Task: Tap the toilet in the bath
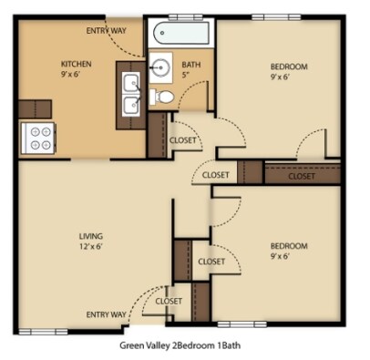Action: click(x=165, y=96)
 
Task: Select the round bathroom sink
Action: click(x=163, y=66)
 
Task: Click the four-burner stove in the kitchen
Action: click(x=39, y=136)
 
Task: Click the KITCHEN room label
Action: click(x=77, y=63)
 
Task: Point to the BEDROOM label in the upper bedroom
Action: click(x=289, y=67)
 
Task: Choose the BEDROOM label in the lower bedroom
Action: click(x=289, y=245)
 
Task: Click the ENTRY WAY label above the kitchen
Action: click(x=107, y=30)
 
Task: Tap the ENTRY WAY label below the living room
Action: click(x=107, y=314)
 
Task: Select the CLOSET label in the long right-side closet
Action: click(x=302, y=177)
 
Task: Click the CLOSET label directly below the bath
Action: click(x=185, y=140)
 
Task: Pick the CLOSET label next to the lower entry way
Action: click(x=169, y=301)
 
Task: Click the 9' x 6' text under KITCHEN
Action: click(x=77, y=75)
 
